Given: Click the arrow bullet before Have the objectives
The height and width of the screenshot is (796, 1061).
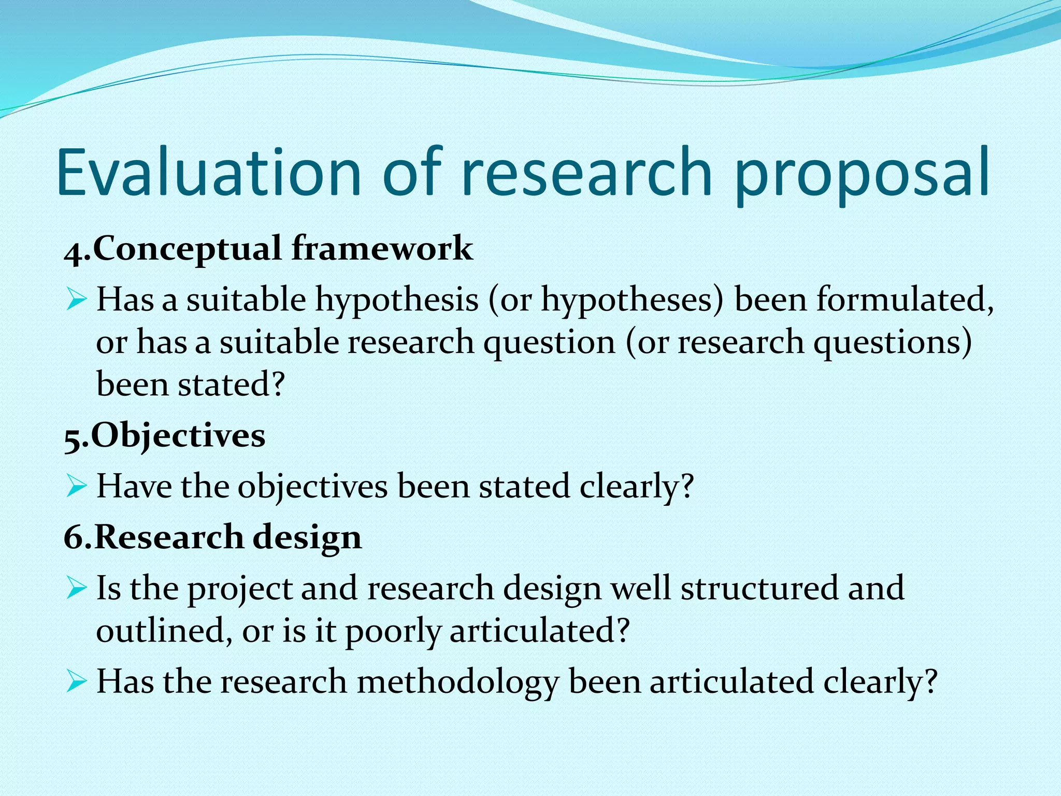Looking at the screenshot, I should point(76,486).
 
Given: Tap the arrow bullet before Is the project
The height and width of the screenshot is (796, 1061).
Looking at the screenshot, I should point(76,588).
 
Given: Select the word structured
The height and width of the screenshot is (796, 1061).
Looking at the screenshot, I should point(758,589).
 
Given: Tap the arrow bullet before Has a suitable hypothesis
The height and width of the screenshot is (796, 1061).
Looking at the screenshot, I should point(76,300).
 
